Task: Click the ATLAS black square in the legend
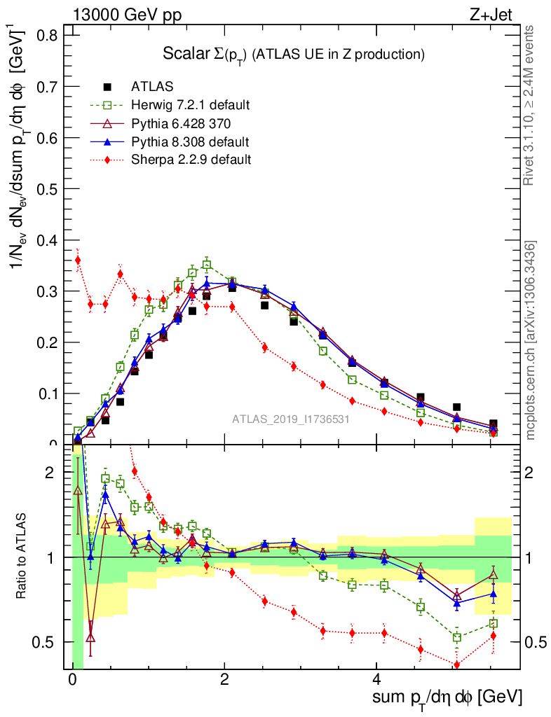click(x=107, y=87)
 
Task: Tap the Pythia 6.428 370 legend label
click(x=180, y=123)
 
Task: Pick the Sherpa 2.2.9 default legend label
click(x=191, y=160)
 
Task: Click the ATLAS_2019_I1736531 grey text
click(x=291, y=419)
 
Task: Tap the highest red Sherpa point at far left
click(x=78, y=260)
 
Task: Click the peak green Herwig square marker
click(x=207, y=265)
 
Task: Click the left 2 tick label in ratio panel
click(x=50, y=473)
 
